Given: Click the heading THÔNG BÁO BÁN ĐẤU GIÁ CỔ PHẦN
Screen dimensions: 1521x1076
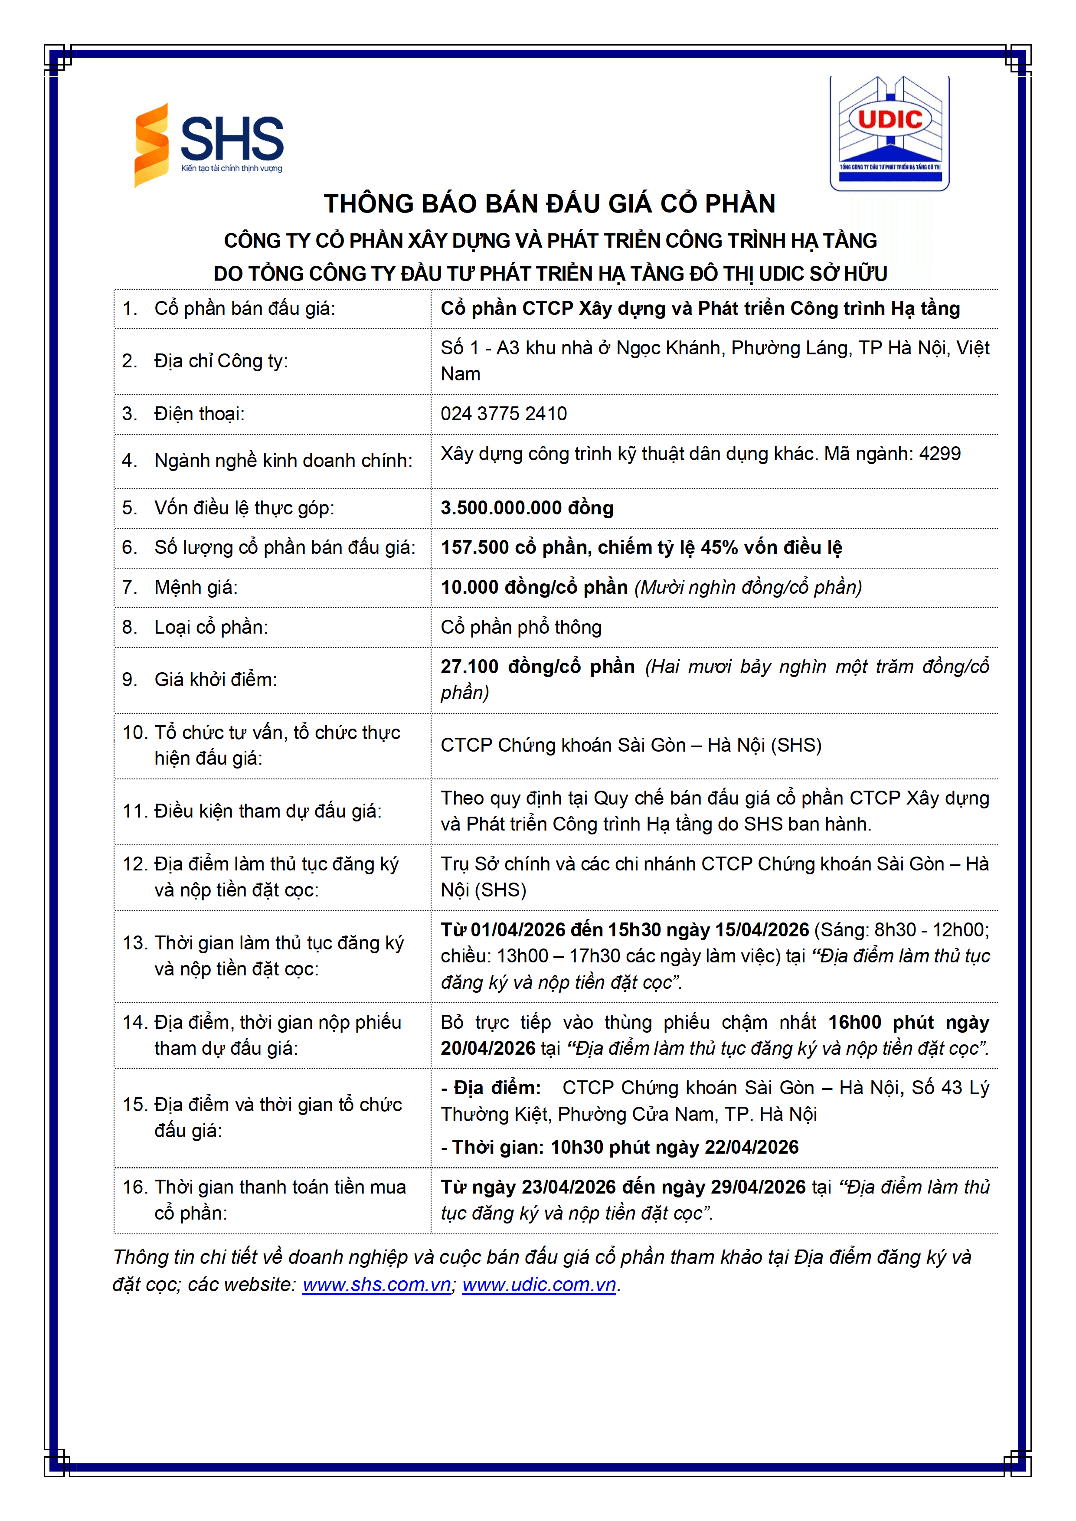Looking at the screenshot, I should pos(549,204).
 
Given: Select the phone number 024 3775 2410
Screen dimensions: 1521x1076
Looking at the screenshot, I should pos(504,414).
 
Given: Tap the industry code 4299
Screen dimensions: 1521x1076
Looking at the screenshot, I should pos(939,454).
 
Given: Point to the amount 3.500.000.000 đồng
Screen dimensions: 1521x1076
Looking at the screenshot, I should pos(527,508).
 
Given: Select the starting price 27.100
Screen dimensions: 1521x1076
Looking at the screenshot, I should pos(469,667).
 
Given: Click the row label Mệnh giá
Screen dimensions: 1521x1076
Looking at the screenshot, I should pos(196,588).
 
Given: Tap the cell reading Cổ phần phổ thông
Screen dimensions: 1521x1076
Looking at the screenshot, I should pos(521,627).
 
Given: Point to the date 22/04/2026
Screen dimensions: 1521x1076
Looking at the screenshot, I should pos(751,1148).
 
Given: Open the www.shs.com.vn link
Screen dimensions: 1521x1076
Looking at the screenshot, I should pos(376,1285).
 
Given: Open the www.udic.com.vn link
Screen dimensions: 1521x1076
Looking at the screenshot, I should pos(540,1285).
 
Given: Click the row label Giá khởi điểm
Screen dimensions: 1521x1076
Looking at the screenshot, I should pos(216,680).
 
